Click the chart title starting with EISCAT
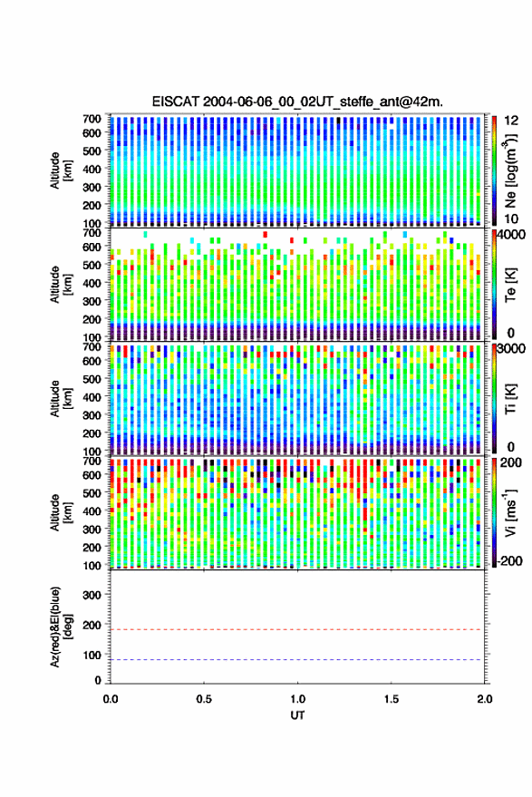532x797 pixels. pos(297,102)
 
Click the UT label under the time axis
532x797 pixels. pos(297,715)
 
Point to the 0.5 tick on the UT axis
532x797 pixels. pos(204,699)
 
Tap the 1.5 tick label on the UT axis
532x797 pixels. pos(392,699)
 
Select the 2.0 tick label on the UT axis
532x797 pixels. pos(485,699)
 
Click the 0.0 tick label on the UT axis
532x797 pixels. pos(111,699)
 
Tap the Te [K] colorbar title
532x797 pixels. pos(510,285)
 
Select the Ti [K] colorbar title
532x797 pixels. pos(510,399)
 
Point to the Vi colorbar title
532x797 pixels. pos(510,512)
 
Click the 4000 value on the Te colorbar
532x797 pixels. pos(512,236)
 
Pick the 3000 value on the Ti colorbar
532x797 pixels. pos(512,349)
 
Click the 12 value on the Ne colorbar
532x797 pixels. pos(512,121)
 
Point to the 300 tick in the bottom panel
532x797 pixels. pos(92,595)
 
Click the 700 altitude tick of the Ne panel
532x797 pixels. pos(92,119)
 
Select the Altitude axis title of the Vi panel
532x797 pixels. pos(61,512)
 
